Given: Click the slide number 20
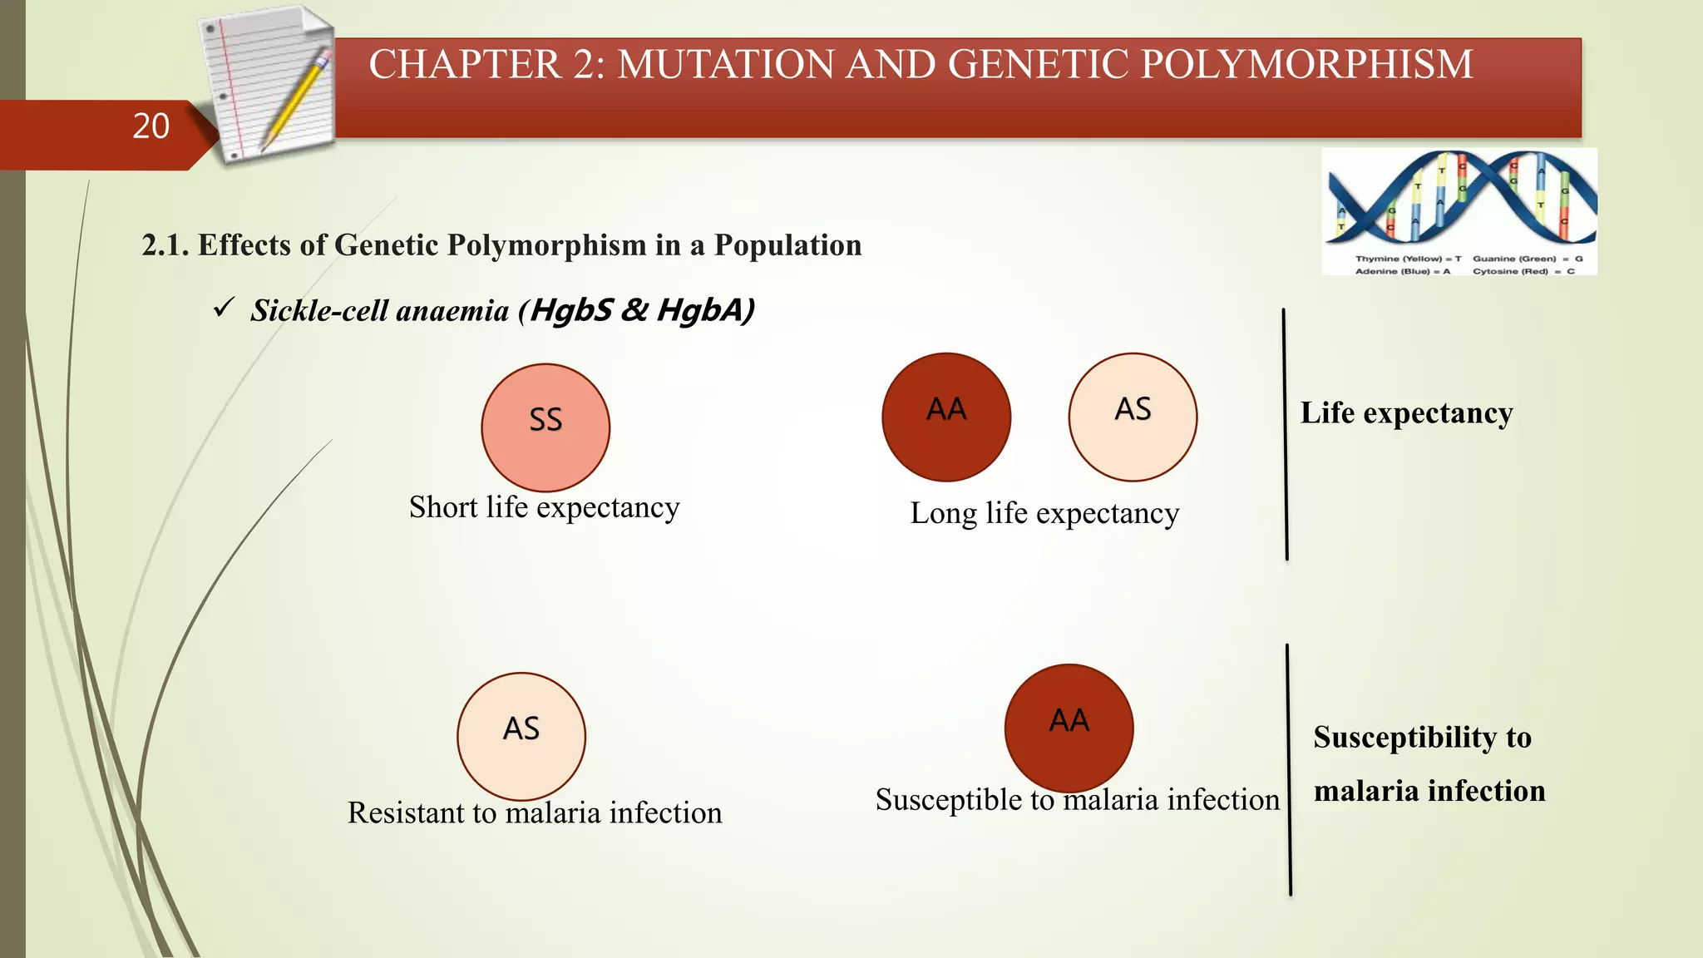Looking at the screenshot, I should [151, 126].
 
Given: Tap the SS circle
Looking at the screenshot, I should [545, 427].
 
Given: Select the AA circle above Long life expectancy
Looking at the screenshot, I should [946, 417].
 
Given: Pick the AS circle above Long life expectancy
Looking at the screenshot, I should [1133, 417].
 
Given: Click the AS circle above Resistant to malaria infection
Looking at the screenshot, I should [521, 737].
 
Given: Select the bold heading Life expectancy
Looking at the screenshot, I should [1406, 413].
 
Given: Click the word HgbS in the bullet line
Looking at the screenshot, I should [571, 310].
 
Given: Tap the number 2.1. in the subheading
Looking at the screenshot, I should [165, 246].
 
